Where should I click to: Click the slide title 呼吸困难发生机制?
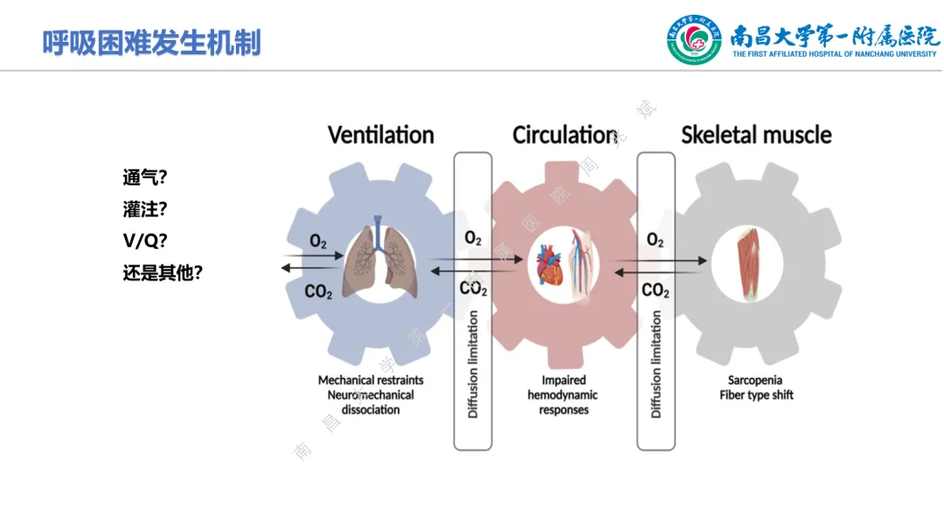(x=152, y=42)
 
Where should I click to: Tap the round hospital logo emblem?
(x=695, y=39)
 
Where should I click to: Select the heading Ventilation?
(x=381, y=134)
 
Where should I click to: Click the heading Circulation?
(x=565, y=134)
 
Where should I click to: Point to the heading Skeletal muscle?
(x=756, y=134)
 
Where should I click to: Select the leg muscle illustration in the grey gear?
(x=750, y=261)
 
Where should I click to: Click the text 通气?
(x=145, y=178)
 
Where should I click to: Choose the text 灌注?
(x=145, y=210)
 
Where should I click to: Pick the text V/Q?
(x=145, y=241)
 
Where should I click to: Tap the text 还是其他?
(x=163, y=272)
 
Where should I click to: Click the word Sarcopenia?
(x=757, y=380)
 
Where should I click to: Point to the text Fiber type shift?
(x=757, y=395)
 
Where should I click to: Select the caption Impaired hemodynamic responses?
(x=564, y=395)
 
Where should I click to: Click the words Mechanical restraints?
(x=371, y=380)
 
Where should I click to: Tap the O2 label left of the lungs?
(x=318, y=241)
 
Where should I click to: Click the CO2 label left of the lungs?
(x=318, y=291)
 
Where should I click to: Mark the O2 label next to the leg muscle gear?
(x=655, y=239)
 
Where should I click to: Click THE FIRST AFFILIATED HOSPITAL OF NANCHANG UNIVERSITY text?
(x=836, y=54)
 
